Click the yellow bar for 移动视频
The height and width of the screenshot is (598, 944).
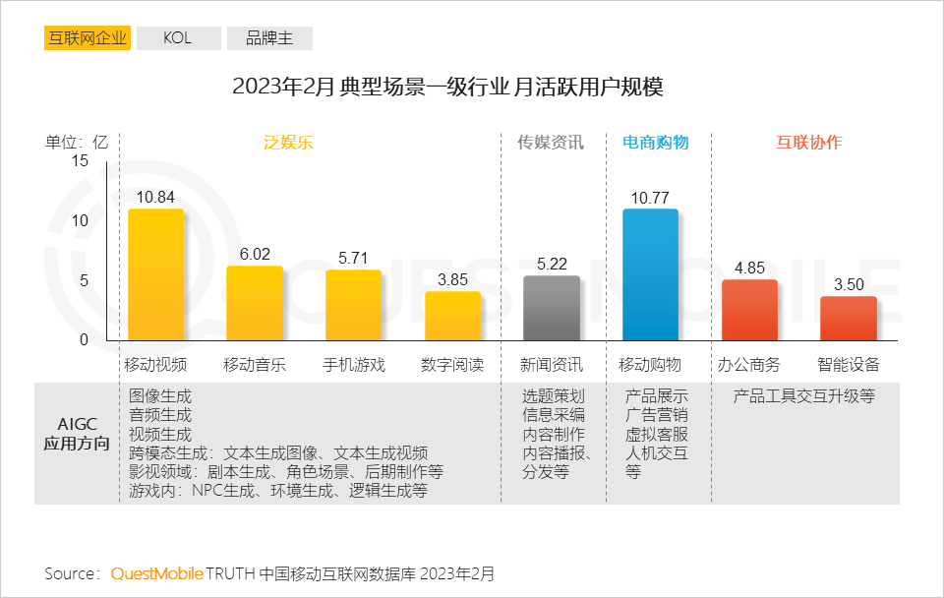[x=156, y=274]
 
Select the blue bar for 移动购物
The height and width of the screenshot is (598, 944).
[x=650, y=274]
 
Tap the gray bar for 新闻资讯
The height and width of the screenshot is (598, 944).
[x=551, y=308]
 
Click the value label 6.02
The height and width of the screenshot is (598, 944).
[x=255, y=254]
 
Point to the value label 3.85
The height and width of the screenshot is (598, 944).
[x=452, y=279]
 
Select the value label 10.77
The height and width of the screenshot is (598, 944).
[x=650, y=198]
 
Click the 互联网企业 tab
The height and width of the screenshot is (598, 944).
[x=87, y=38]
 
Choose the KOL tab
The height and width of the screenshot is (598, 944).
[x=177, y=38]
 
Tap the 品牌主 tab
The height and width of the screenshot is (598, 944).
[x=269, y=38]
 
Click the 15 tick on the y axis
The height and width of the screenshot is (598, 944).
[x=80, y=161]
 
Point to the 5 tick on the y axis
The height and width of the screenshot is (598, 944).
[x=85, y=280]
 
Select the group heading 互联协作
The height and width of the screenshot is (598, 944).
[x=809, y=142]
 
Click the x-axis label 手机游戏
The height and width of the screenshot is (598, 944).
[x=354, y=365]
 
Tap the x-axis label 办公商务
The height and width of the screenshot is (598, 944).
[x=748, y=365]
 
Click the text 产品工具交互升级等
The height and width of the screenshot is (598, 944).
[x=804, y=396]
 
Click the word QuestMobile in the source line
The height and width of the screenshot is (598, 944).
[x=157, y=572]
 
